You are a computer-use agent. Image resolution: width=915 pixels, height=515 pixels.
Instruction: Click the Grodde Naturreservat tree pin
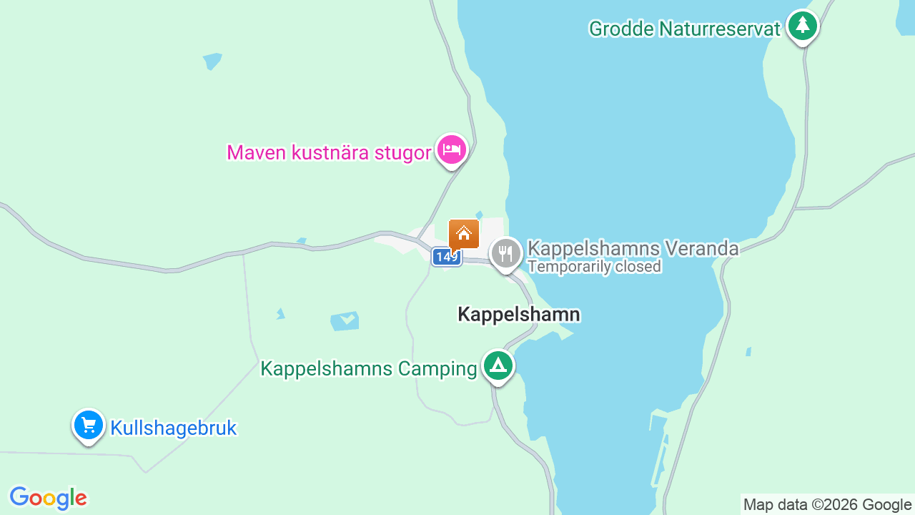coord(803,26)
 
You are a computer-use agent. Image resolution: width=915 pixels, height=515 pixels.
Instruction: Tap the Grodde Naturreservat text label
coord(685,29)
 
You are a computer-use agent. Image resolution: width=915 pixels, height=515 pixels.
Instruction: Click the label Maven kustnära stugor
coord(329,152)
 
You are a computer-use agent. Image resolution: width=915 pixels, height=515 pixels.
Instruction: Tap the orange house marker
coord(463,234)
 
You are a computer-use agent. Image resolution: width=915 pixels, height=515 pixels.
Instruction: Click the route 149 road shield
coord(446,257)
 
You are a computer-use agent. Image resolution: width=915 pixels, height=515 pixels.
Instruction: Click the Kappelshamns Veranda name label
coord(633,248)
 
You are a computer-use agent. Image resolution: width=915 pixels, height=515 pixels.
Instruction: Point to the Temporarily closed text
coord(594,267)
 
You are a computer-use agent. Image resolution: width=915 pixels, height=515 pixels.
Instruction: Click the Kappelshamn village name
coord(518,314)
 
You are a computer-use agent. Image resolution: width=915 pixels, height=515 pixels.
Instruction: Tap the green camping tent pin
coord(498,366)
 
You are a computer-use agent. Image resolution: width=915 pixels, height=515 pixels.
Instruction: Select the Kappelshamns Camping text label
coord(368,369)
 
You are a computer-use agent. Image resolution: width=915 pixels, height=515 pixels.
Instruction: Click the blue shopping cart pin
coord(89,426)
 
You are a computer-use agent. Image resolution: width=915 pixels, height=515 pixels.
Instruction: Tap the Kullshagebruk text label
coord(173,428)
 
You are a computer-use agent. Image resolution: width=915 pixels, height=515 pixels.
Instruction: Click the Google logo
coord(48,498)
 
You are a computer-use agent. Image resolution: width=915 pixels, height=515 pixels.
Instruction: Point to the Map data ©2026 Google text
coord(827,505)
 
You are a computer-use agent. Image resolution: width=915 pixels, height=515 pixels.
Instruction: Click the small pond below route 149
coord(345,320)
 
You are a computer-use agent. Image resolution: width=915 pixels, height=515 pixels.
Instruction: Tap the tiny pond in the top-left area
coord(212,61)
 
